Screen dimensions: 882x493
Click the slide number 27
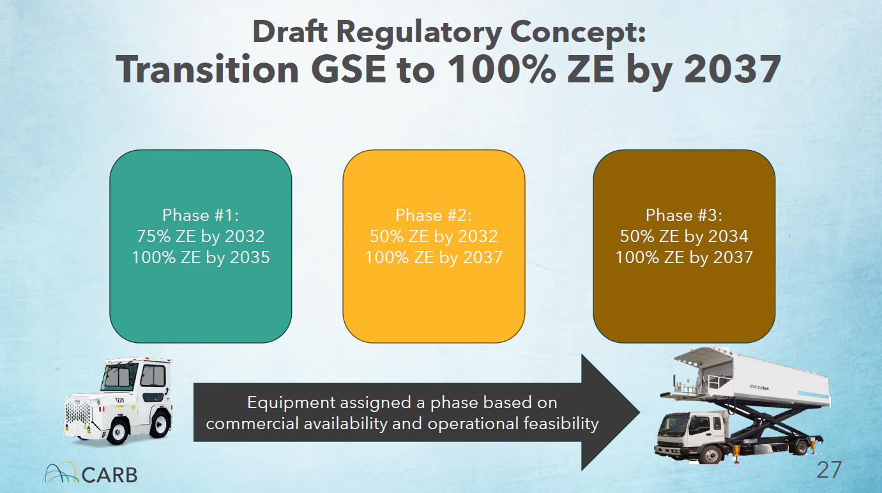coord(829,470)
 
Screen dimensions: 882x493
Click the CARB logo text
coord(109,475)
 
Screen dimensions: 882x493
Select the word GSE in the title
coord(349,70)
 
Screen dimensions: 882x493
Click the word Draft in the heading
coord(289,31)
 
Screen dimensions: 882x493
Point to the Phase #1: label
coord(201,215)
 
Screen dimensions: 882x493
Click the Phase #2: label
coord(434,215)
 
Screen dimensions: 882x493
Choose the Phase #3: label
coord(684,215)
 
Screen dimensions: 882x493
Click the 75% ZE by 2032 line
coord(201,236)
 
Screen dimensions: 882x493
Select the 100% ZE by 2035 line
coord(201,257)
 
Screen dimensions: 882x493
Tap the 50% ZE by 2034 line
coord(684,236)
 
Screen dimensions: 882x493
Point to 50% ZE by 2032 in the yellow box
coord(434,236)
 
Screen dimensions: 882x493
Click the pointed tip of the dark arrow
coord(639,413)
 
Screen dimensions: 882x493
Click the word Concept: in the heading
coord(578,33)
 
